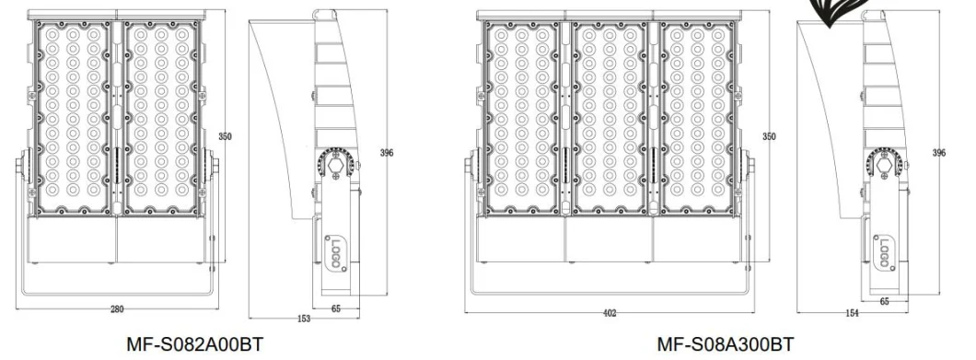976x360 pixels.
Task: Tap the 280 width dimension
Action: tap(117, 309)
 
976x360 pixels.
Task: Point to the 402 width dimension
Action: tap(610, 313)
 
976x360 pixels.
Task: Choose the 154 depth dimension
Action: tap(852, 314)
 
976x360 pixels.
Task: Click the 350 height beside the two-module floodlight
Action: tap(225, 136)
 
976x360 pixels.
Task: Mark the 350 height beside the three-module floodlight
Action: tap(768, 136)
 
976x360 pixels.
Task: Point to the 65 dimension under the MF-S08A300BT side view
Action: tap(884, 301)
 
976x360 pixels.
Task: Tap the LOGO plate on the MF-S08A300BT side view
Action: tap(884, 253)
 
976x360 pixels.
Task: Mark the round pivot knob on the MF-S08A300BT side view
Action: tap(885, 163)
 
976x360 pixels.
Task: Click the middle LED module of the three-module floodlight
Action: tap(609, 117)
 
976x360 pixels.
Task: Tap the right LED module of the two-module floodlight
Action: tap(160, 117)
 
